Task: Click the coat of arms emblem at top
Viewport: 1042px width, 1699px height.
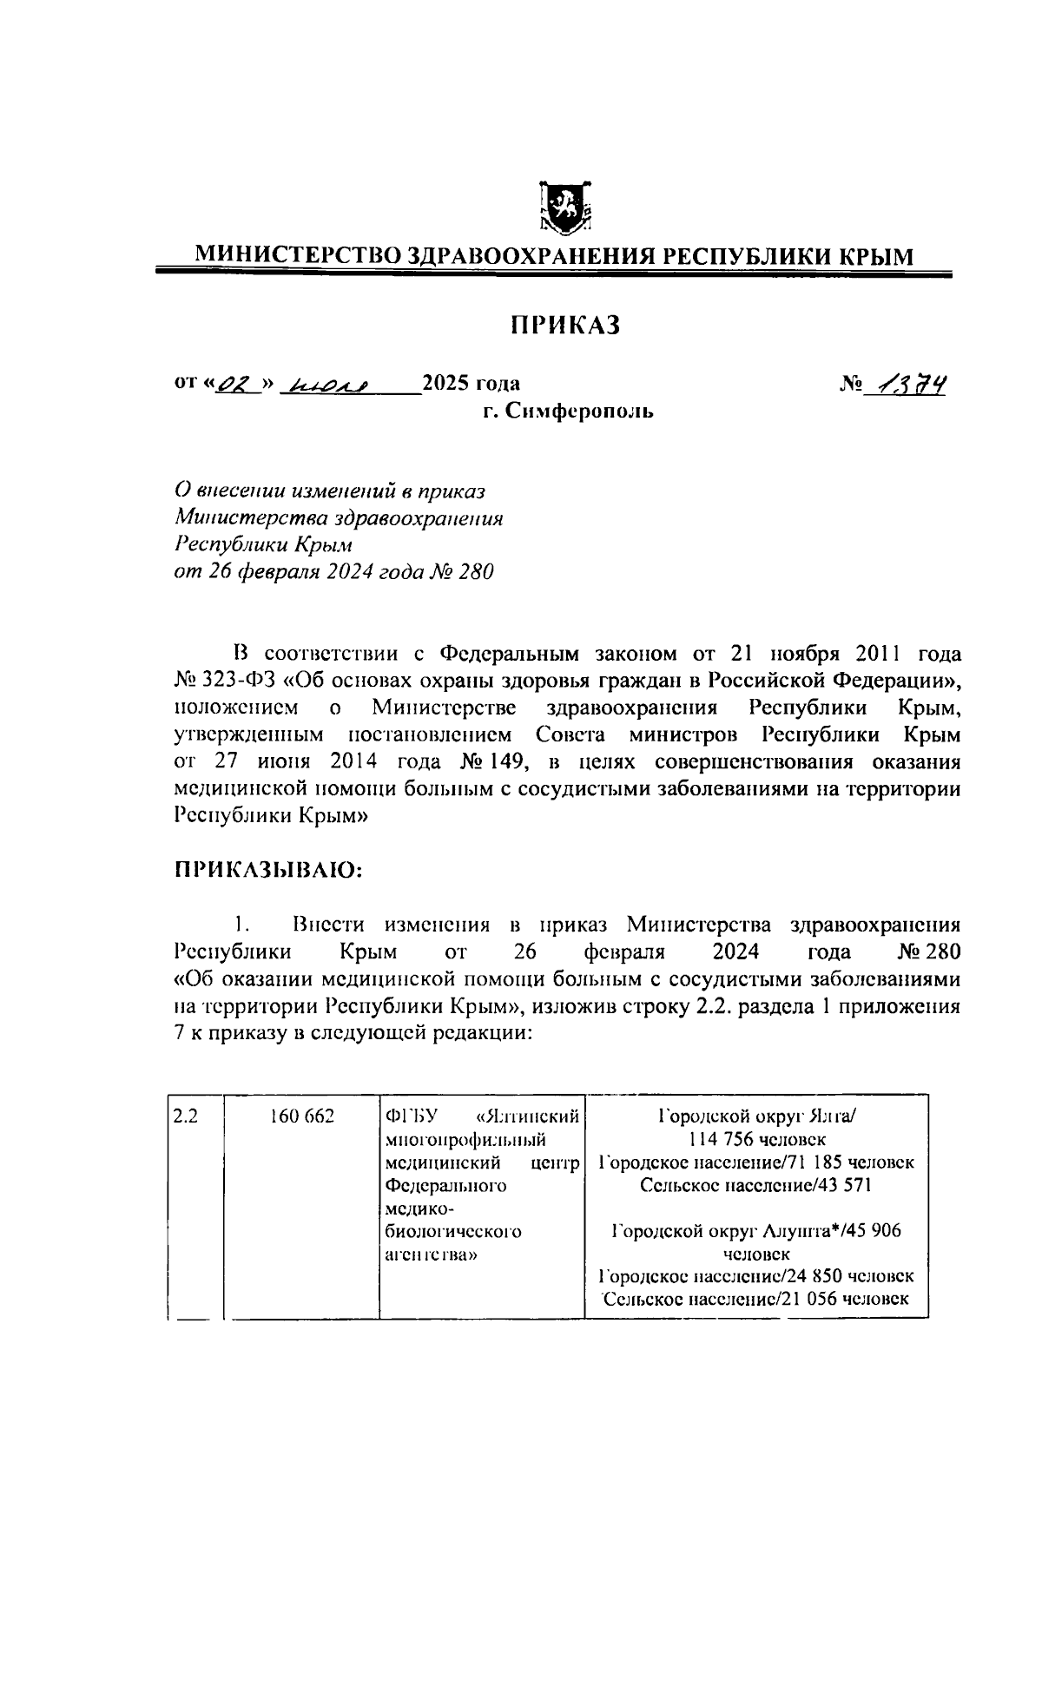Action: (564, 208)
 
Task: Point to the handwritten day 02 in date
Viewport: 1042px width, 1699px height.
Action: (229, 384)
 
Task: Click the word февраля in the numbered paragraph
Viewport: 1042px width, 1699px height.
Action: (624, 952)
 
